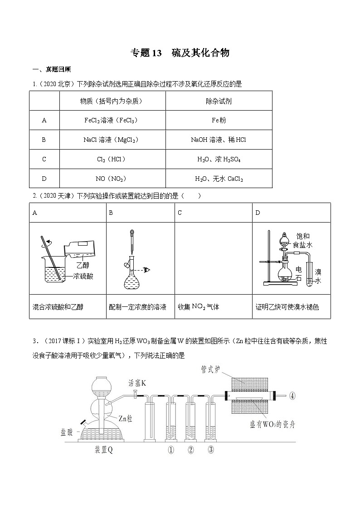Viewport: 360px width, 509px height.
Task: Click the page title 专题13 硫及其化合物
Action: [x=180, y=53]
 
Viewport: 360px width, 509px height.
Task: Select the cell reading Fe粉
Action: [x=219, y=120]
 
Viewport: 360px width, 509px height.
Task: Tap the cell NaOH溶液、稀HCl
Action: [x=219, y=140]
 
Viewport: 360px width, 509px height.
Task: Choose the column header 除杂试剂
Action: [x=219, y=101]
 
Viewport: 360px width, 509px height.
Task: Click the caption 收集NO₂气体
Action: [x=199, y=307]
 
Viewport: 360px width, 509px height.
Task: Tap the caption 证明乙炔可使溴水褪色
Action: [x=287, y=307]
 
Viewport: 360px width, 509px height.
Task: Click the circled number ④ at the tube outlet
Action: [x=292, y=395]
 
